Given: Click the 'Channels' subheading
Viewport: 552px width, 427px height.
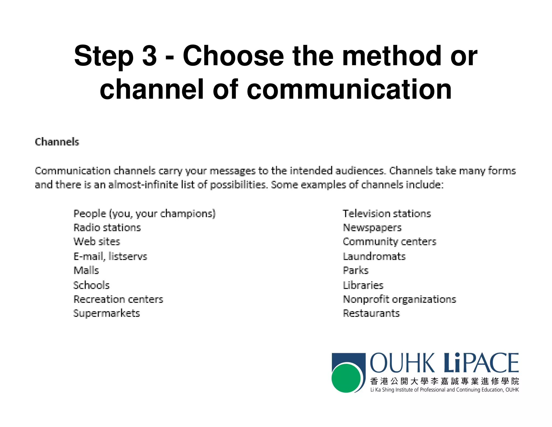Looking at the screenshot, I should tap(57, 142).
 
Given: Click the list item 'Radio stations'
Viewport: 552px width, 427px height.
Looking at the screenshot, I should tap(107, 228).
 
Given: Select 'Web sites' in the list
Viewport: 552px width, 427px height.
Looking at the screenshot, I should tap(97, 242).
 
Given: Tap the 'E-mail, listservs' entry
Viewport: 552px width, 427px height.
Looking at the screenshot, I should tap(111, 256).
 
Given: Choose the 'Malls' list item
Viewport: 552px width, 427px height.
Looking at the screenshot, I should tap(86, 270).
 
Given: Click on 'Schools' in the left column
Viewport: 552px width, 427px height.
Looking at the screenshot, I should tap(92, 285).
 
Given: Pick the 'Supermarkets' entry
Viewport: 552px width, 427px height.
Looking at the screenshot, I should tap(107, 313).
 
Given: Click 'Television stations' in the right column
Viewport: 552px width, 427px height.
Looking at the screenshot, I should tap(387, 213).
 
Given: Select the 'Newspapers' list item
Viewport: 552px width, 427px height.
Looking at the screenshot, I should tap(372, 228).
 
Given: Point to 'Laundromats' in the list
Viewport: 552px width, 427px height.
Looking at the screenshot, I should tap(374, 256).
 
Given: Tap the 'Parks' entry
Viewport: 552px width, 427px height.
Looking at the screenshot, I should tap(356, 270).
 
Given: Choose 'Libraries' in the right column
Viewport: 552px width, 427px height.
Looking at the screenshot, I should tap(363, 285).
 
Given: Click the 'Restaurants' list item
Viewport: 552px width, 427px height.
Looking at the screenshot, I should tap(371, 313).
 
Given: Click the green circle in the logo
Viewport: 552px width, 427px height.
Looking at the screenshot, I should tap(346, 378).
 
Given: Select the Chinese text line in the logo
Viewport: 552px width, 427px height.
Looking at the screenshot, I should tap(444, 381).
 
